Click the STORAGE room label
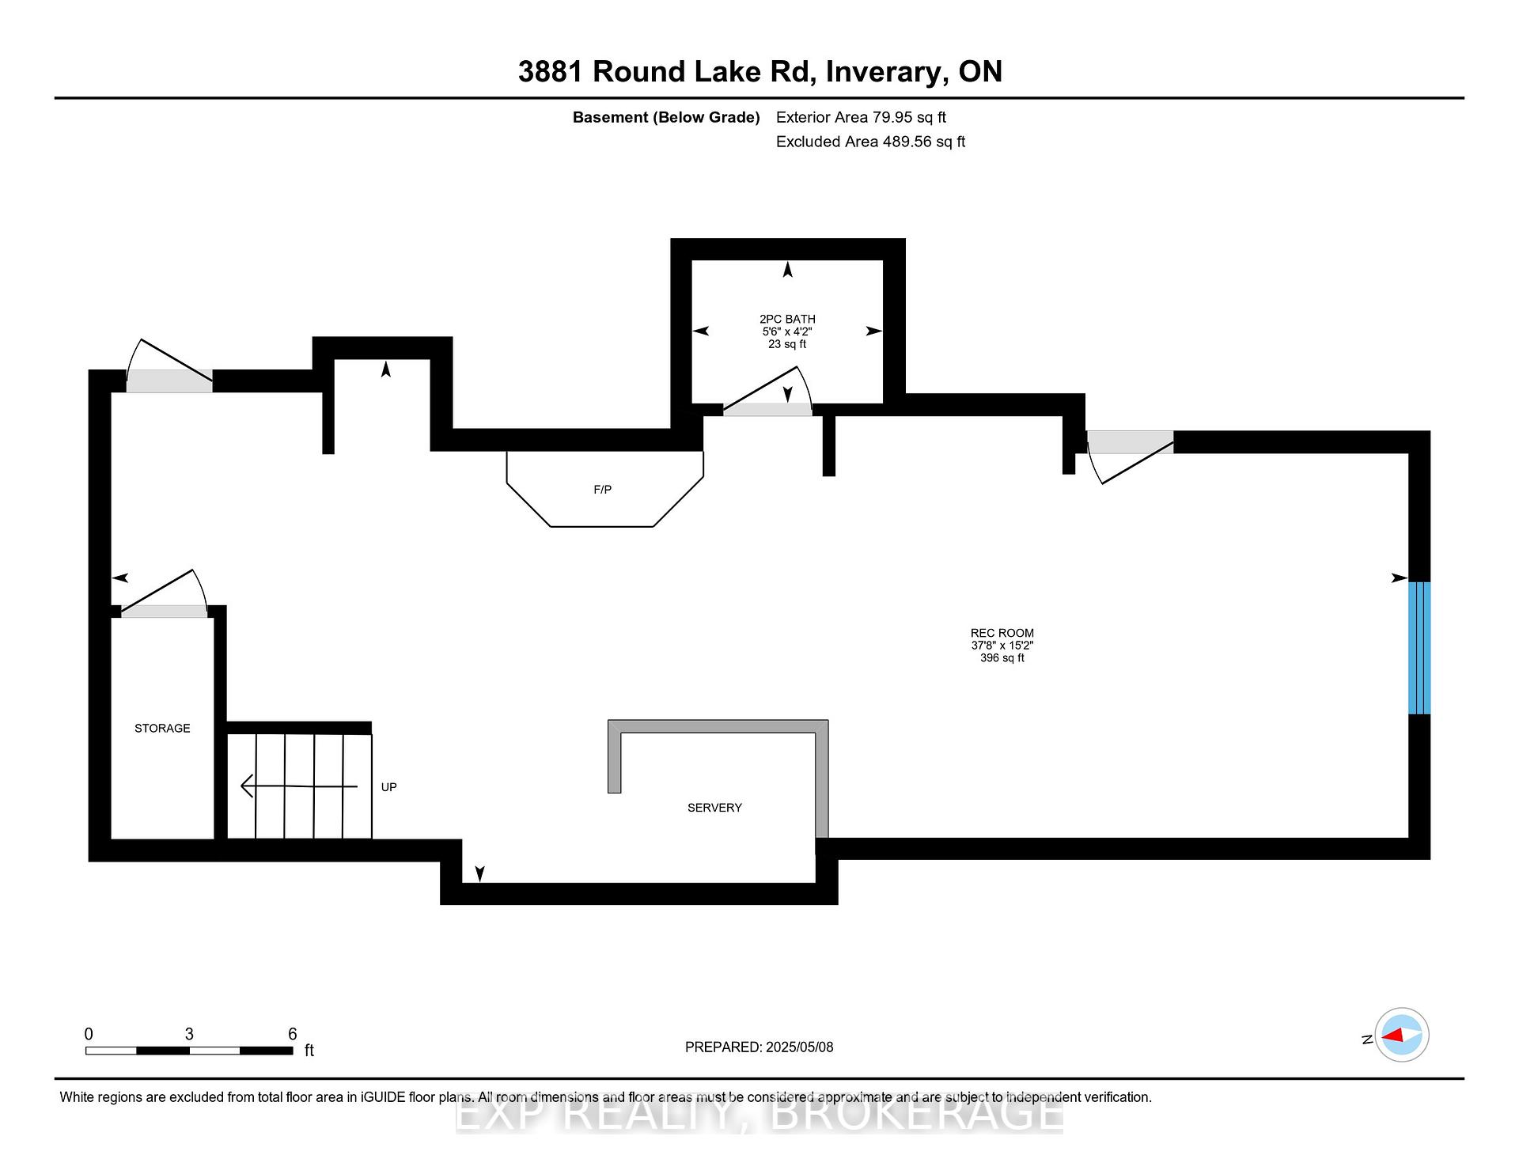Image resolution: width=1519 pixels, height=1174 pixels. click(162, 728)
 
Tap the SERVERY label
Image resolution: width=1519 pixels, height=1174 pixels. click(714, 807)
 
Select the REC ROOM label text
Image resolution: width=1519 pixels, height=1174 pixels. click(1002, 633)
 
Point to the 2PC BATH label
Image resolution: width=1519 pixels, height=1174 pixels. click(787, 319)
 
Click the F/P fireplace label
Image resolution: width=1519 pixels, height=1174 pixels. click(602, 490)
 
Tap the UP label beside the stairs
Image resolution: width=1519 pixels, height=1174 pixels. click(388, 787)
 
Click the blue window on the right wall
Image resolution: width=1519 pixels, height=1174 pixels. click(1419, 648)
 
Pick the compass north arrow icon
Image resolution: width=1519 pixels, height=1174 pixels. click(1401, 1035)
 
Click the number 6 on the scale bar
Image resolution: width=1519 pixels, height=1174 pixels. click(292, 1034)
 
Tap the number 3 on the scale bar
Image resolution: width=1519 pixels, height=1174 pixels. click(189, 1034)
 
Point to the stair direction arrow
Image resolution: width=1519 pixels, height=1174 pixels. click(299, 786)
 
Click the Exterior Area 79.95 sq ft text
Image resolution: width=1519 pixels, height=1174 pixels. click(861, 117)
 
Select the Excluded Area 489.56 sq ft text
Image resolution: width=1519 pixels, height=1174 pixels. click(870, 142)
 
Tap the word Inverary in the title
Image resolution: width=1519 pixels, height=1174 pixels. click(887, 72)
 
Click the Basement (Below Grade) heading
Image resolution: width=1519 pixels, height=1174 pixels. click(666, 117)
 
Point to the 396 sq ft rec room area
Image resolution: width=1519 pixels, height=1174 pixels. click(1002, 658)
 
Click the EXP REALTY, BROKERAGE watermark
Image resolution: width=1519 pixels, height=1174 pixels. click(759, 1114)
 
